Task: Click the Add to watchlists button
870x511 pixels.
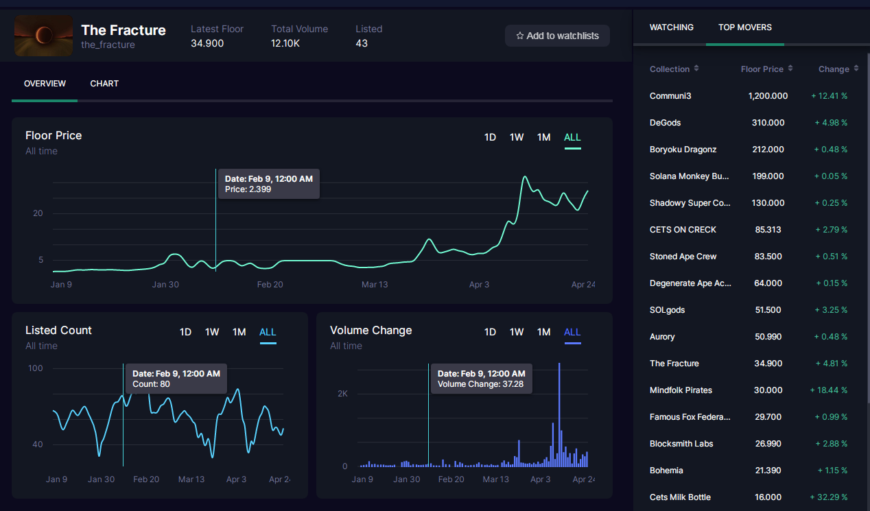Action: pos(557,36)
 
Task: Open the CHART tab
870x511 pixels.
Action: pos(104,84)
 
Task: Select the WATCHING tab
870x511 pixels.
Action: pos(671,27)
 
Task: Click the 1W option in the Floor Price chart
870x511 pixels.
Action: pos(517,137)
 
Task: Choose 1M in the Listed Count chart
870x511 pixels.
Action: pos(239,332)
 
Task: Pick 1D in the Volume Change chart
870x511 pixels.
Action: pos(490,332)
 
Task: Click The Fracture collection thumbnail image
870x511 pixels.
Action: pos(43,36)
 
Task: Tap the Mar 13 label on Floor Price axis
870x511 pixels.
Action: pos(375,285)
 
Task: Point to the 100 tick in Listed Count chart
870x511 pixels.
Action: pos(36,368)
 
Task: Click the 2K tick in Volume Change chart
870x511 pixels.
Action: pos(342,394)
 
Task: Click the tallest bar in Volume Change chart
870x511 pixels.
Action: pos(559,415)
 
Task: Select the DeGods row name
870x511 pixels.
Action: pos(665,123)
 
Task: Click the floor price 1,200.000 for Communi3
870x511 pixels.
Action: pos(768,96)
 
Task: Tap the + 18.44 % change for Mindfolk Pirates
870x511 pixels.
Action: pos(828,390)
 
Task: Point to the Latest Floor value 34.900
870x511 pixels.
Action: pos(207,43)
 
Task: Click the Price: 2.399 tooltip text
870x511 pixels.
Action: pos(248,189)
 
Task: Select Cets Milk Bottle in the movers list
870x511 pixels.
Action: pos(680,497)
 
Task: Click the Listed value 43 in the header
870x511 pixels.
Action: pos(362,43)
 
